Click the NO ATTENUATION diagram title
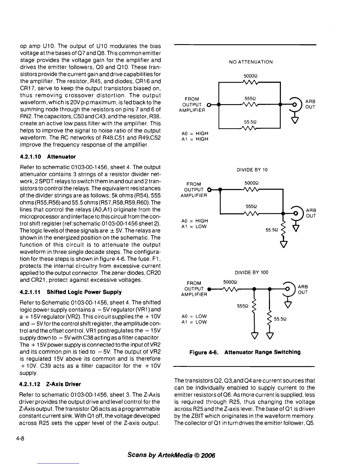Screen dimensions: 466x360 (x=251, y=62)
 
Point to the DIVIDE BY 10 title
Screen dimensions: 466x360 (x=252, y=170)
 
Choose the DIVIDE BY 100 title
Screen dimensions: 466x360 (x=251, y=272)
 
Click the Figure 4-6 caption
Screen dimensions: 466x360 (x=245, y=352)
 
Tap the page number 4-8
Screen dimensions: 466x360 (x=20, y=438)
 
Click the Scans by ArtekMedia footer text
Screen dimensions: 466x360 (x=171, y=455)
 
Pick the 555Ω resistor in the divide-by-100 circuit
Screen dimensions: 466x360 (x=255, y=305)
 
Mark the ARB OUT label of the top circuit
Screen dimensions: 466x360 (x=310, y=104)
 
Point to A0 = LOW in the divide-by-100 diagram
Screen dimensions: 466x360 (x=194, y=316)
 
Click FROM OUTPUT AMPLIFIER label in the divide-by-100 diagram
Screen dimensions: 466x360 (x=194, y=289)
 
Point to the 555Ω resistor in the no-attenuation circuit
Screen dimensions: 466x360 (x=249, y=104)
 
